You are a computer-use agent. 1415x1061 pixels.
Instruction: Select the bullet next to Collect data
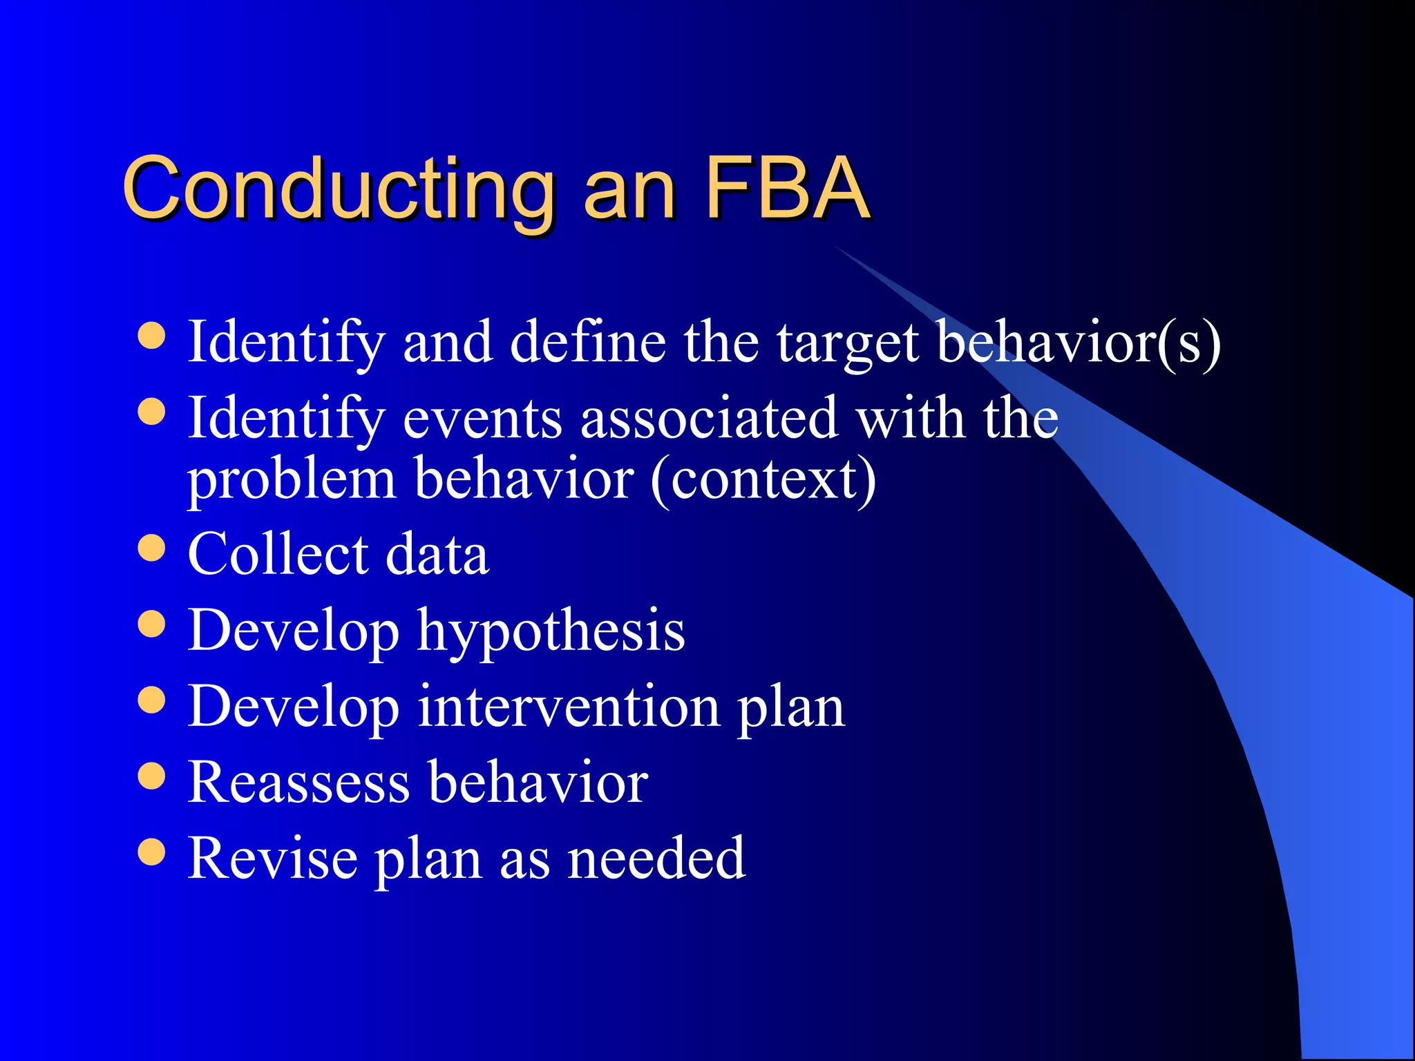[x=151, y=549]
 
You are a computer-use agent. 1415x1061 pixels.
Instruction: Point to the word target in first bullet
[x=848, y=343]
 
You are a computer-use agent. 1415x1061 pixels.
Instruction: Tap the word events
[x=482, y=419]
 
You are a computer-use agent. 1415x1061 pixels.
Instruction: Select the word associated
[x=709, y=419]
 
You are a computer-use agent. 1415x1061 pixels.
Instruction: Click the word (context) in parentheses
[x=763, y=480]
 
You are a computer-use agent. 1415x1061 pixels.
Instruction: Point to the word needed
[x=656, y=859]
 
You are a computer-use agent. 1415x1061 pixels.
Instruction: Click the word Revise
[x=272, y=859]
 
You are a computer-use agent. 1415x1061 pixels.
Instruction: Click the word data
[x=437, y=554]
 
